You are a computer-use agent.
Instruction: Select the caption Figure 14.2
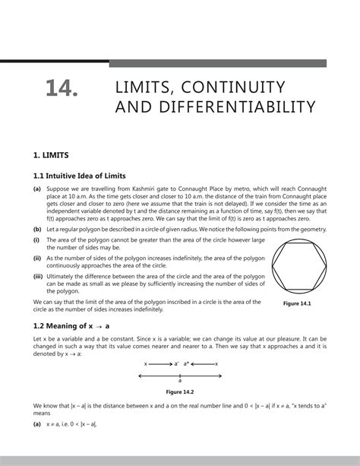pyautogui.click(x=180, y=392)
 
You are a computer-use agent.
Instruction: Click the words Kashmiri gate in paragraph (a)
pyautogui.click(x=152, y=192)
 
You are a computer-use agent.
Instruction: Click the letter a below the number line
pyautogui.click(x=180, y=379)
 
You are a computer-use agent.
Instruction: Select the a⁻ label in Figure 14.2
pyautogui.click(x=175, y=364)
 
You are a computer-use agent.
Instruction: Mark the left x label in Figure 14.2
pyautogui.click(x=145, y=364)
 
